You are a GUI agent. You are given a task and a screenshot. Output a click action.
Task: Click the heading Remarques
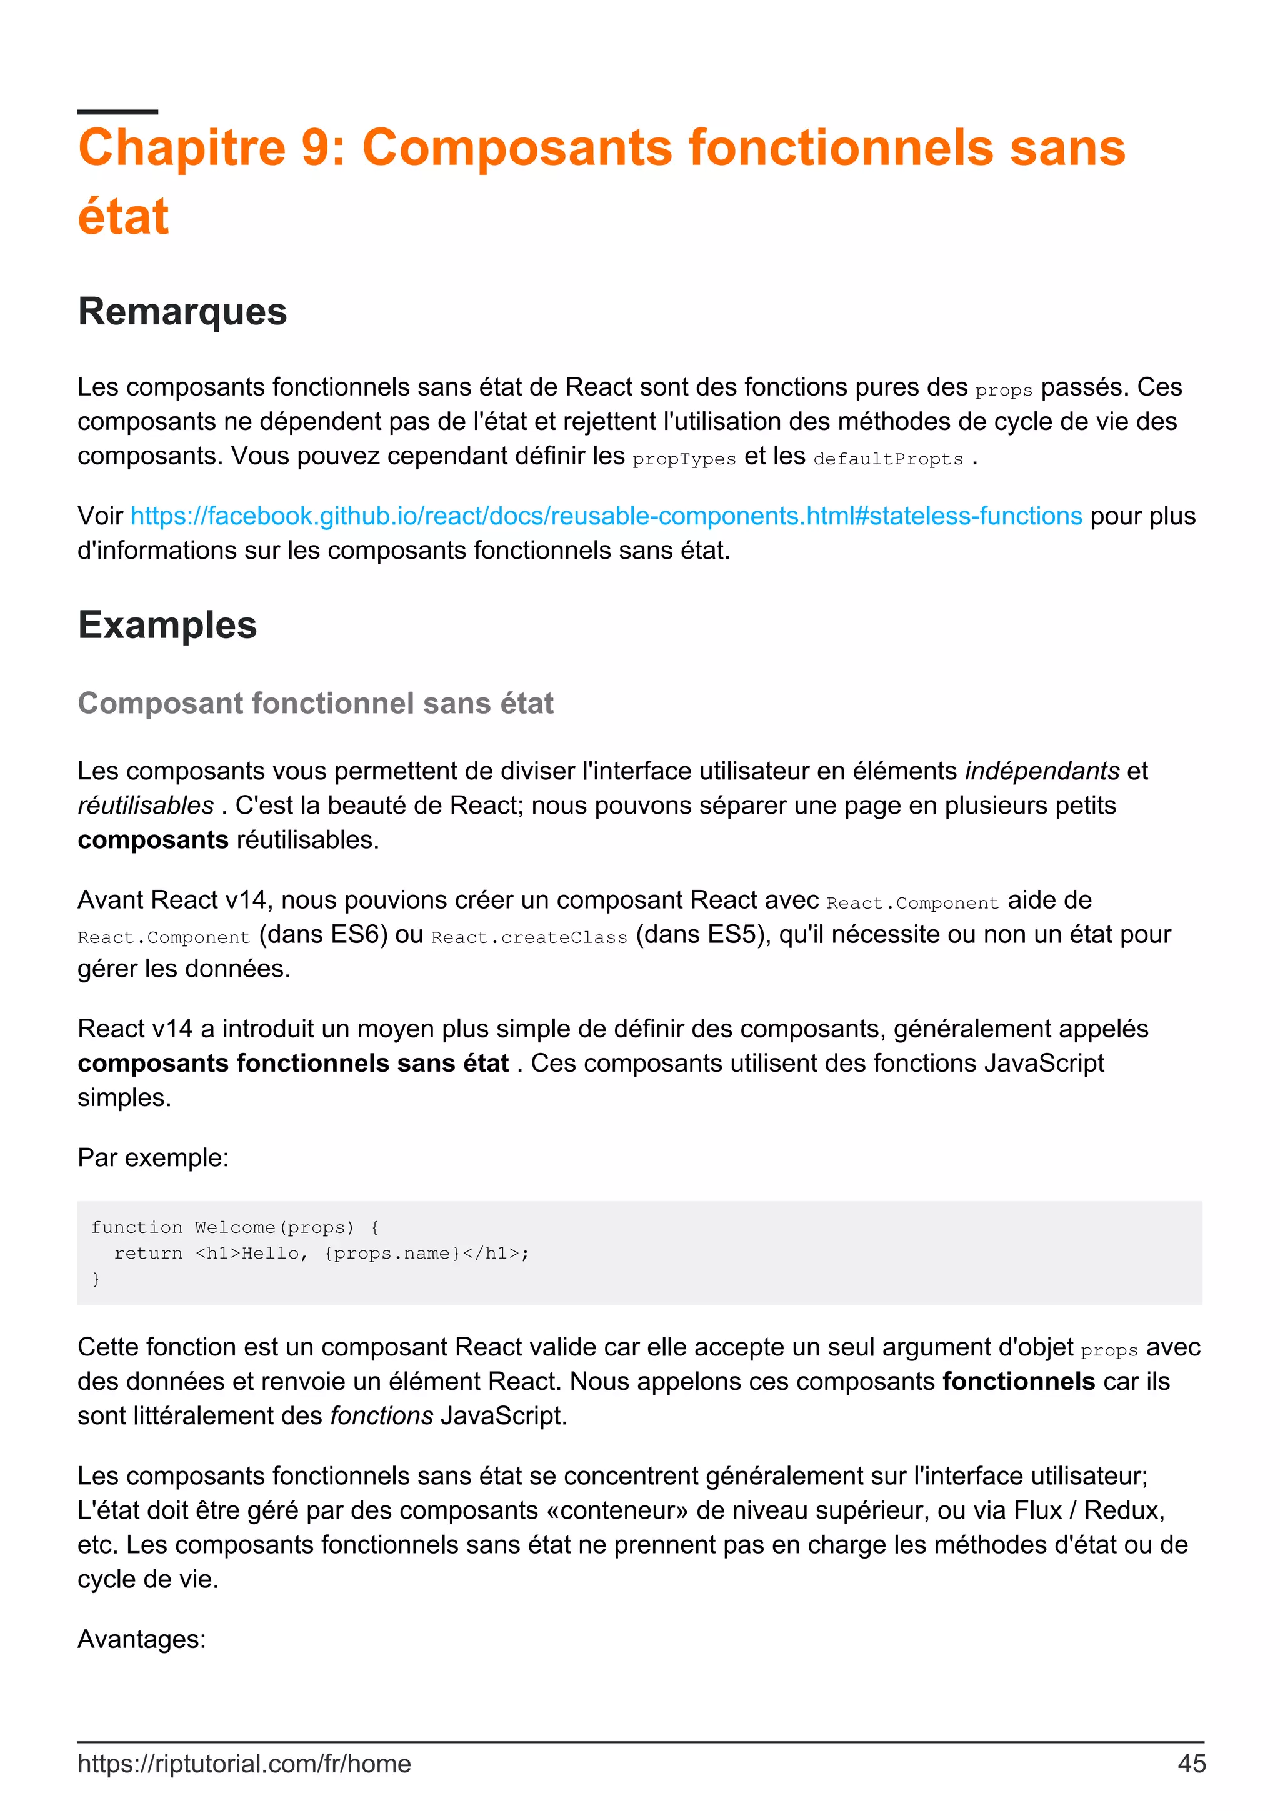click(x=182, y=311)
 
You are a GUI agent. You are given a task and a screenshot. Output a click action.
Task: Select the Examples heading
click(x=167, y=625)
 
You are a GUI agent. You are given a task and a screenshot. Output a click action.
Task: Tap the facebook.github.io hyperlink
click(x=606, y=516)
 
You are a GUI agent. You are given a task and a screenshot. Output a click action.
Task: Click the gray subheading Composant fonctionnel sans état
click(x=316, y=703)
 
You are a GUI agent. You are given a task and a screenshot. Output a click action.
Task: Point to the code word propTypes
click(x=684, y=458)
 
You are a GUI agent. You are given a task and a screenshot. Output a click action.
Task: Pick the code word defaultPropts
click(x=888, y=458)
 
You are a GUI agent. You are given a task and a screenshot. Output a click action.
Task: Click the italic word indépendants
click(x=1042, y=771)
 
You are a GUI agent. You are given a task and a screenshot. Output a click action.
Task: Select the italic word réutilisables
click(x=146, y=806)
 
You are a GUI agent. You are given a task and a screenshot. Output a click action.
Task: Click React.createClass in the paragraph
click(x=529, y=937)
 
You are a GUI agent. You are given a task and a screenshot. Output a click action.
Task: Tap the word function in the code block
click(x=136, y=1227)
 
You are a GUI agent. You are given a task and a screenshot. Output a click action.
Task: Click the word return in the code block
click(x=148, y=1254)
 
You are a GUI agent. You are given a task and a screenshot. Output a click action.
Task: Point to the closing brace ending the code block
click(x=96, y=1279)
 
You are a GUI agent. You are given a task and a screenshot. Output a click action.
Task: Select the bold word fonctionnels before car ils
click(x=1018, y=1381)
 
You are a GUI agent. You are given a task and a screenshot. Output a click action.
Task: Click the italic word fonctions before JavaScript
click(x=382, y=1416)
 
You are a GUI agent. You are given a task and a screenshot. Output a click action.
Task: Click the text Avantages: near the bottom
click(x=142, y=1639)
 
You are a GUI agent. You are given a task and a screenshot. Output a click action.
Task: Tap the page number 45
click(x=1191, y=1764)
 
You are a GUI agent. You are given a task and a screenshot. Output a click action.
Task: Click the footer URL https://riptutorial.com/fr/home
click(x=244, y=1764)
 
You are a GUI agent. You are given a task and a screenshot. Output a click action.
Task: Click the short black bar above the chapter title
click(x=117, y=112)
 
